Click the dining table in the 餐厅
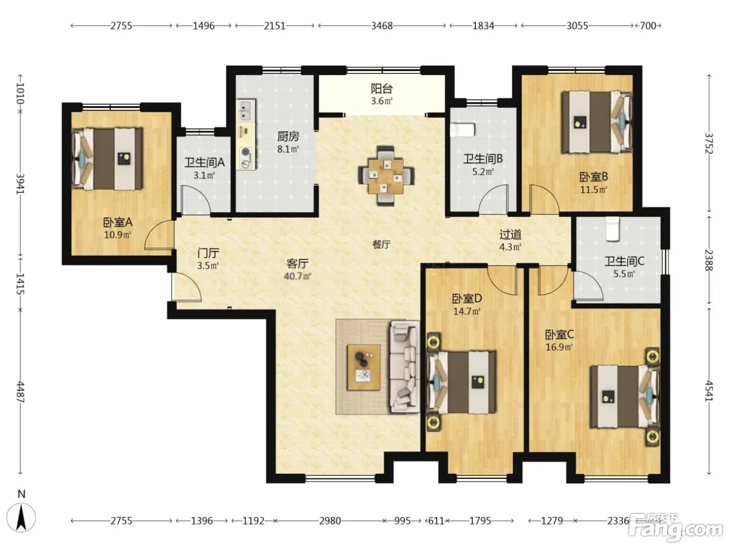(x=386, y=176)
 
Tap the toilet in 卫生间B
(x=462, y=130)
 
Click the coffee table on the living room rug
(x=363, y=367)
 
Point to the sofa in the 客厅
(x=405, y=367)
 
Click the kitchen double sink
(x=246, y=111)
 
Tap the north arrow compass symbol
(x=21, y=517)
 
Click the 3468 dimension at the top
(x=382, y=26)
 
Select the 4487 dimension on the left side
(x=21, y=392)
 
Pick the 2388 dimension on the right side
(x=709, y=260)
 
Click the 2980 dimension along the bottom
(x=330, y=521)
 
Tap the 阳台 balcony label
(x=382, y=89)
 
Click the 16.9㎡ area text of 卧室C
(x=559, y=347)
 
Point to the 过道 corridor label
(x=510, y=235)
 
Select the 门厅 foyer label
(x=208, y=254)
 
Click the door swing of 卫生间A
(x=195, y=200)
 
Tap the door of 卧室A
(x=159, y=235)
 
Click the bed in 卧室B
(x=597, y=122)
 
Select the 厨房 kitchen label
(x=288, y=136)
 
